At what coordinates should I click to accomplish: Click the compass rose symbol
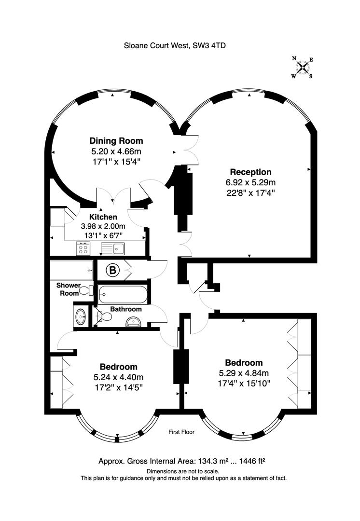coord(303,68)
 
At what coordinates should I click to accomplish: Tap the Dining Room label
coord(116,140)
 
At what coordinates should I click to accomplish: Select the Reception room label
coord(250,172)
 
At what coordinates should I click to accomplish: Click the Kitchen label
coord(103,217)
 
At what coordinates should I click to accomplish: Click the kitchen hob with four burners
coord(83,248)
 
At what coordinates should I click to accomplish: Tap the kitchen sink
coord(113,248)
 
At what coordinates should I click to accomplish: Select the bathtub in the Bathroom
coord(123,294)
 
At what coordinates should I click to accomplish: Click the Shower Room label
coord(69,289)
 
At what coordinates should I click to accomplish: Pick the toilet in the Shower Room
coord(87,291)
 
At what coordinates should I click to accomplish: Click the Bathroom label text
coord(126,309)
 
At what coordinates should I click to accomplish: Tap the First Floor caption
coord(181,432)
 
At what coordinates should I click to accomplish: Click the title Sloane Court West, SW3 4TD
coord(175,45)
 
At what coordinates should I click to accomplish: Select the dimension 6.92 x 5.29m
coord(250,182)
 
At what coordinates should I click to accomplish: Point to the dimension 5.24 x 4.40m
coord(119,377)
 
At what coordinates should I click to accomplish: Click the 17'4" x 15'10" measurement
coord(244,383)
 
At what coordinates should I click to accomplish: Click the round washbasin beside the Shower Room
coord(81,316)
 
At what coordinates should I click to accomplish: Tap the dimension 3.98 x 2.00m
coord(103,227)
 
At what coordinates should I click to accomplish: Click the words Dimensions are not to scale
coord(183,471)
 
